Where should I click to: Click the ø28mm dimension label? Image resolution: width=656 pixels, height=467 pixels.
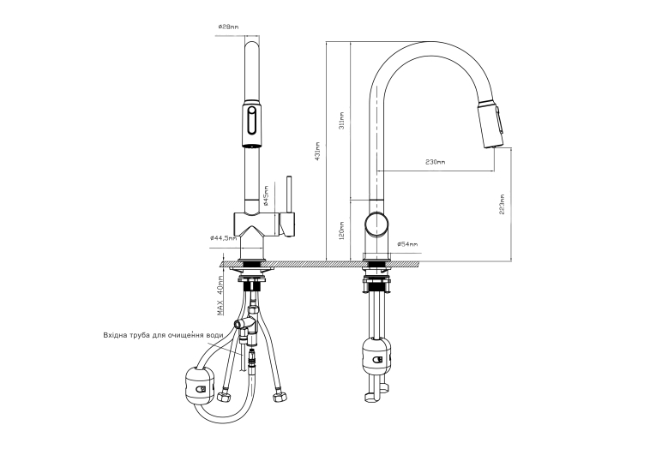(x=228, y=27)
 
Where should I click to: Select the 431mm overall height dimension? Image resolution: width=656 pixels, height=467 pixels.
(x=317, y=151)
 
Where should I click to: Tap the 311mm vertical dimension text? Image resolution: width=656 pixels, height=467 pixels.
(x=342, y=120)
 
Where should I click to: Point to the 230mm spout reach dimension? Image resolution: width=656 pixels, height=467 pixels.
(x=435, y=162)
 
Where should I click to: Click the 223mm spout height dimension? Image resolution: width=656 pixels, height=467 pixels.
(x=502, y=205)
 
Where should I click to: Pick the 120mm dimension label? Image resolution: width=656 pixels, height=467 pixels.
(x=342, y=231)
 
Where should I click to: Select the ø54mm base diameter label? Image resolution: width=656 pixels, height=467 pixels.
(x=407, y=243)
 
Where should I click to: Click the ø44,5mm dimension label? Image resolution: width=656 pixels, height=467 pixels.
(x=224, y=238)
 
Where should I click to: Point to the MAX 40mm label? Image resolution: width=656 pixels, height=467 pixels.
(x=220, y=295)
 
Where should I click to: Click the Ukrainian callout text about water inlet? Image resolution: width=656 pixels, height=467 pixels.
(x=163, y=335)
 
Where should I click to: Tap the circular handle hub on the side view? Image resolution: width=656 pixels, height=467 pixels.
(x=376, y=224)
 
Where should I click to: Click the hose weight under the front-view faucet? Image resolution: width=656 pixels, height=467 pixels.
(x=199, y=386)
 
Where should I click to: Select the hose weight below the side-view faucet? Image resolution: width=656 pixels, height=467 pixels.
(x=377, y=355)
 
